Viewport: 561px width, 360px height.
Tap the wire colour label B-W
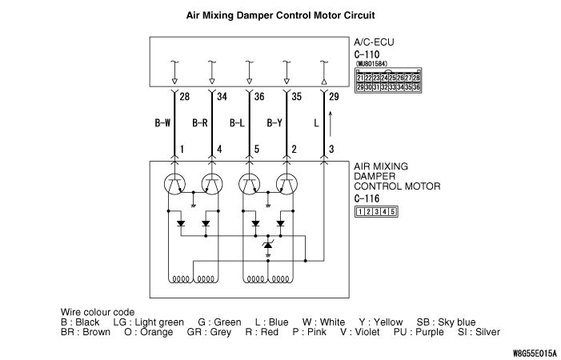(x=162, y=124)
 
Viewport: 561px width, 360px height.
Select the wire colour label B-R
(x=200, y=124)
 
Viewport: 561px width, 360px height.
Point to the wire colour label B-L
(x=238, y=124)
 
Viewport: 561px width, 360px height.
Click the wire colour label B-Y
(x=274, y=124)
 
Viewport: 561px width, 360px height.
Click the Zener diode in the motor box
(x=268, y=246)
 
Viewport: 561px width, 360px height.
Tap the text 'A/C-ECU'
(x=374, y=42)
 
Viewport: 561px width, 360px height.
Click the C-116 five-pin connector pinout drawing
(x=376, y=211)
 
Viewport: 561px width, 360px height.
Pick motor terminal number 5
(x=256, y=150)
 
